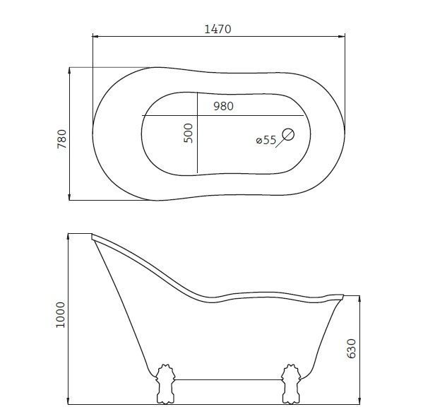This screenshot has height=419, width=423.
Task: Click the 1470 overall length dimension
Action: pyautogui.click(x=218, y=29)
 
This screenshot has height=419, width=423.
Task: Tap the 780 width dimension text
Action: pyautogui.click(x=62, y=139)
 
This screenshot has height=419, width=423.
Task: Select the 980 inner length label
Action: pyautogui.click(x=224, y=106)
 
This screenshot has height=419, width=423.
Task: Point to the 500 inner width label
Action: pyautogui.click(x=189, y=133)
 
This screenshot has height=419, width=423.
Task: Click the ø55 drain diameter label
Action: pyautogui.click(x=266, y=140)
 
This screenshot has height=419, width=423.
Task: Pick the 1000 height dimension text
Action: pyautogui.click(x=61, y=315)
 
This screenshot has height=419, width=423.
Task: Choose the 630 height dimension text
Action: pyautogui.click(x=351, y=348)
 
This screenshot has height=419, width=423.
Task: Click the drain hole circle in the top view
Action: pyautogui.click(x=288, y=134)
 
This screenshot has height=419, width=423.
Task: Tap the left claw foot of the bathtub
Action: pyautogui.click(x=165, y=384)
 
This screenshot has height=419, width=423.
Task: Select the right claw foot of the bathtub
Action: pyautogui.click(x=291, y=384)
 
